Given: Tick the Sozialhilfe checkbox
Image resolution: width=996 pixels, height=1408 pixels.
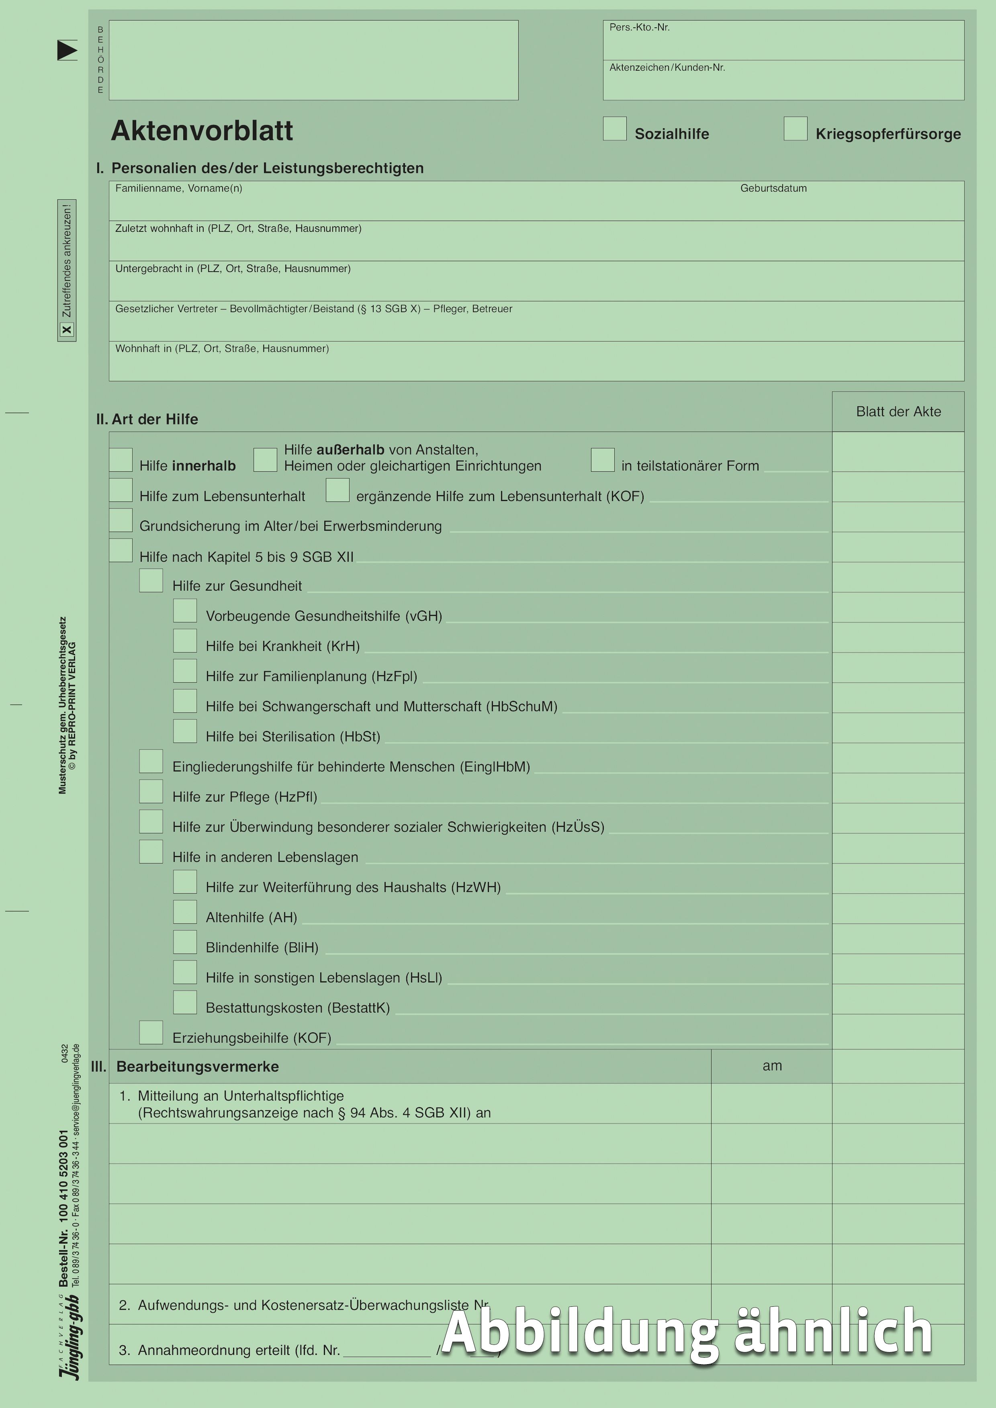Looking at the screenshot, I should [x=615, y=129].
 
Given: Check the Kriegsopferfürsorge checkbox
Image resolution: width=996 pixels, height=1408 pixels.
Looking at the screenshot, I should [x=796, y=129].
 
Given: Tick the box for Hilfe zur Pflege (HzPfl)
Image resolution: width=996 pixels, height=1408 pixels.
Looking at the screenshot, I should [x=151, y=791].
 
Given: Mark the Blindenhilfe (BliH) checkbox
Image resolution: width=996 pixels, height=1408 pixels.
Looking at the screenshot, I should [x=184, y=942].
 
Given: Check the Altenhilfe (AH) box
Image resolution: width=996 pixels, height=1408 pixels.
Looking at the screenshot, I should [x=184, y=912].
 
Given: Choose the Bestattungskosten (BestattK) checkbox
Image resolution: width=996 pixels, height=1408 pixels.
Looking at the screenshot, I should [x=184, y=1002].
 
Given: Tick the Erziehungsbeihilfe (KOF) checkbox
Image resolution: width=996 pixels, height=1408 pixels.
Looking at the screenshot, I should [x=151, y=1032].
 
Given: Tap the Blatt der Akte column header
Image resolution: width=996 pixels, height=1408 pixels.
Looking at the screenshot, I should [x=898, y=411].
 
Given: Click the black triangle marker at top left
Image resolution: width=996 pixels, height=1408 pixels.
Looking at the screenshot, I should [x=67, y=50].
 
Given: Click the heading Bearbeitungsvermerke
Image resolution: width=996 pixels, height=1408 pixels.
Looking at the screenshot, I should [x=198, y=1066].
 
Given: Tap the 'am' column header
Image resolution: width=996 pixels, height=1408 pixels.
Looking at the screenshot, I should [x=771, y=1066].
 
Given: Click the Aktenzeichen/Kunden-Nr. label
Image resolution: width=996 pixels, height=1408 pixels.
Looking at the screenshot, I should [x=667, y=68].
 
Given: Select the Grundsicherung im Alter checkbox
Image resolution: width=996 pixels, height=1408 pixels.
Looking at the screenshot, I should [x=121, y=520].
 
